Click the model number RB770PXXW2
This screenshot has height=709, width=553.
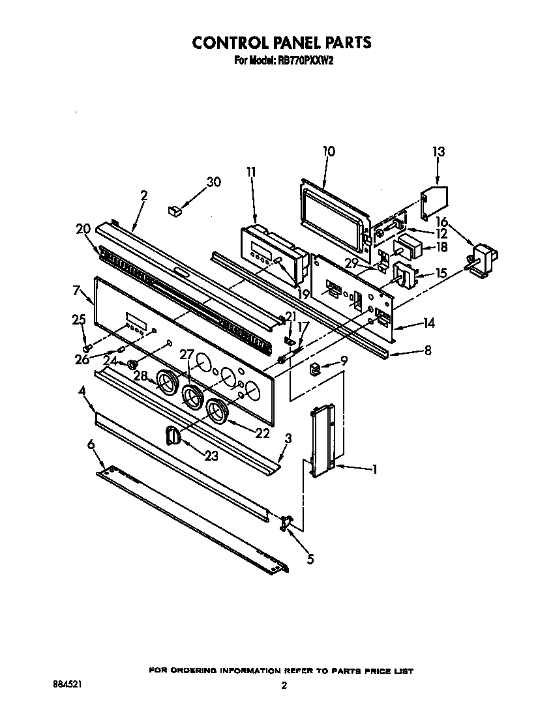[x=306, y=61]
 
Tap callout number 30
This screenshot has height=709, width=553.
[x=213, y=182]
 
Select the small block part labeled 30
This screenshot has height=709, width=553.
[x=174, y=209]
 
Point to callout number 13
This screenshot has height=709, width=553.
[x=438, y=152]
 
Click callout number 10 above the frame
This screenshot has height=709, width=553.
[x=329, y=151]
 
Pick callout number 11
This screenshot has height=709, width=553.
[x=251, y=172]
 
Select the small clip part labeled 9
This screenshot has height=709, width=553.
[x=315, y=370]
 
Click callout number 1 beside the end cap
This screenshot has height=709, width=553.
[x=374, y=469]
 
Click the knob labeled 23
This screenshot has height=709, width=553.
[x=172, y=435]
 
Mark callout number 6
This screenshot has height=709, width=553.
[x=91, y=444]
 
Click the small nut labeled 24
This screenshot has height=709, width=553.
[x=131, y=363]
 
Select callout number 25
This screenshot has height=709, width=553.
[x=78, y=319]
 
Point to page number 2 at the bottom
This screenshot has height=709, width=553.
[x=284, y=686]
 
